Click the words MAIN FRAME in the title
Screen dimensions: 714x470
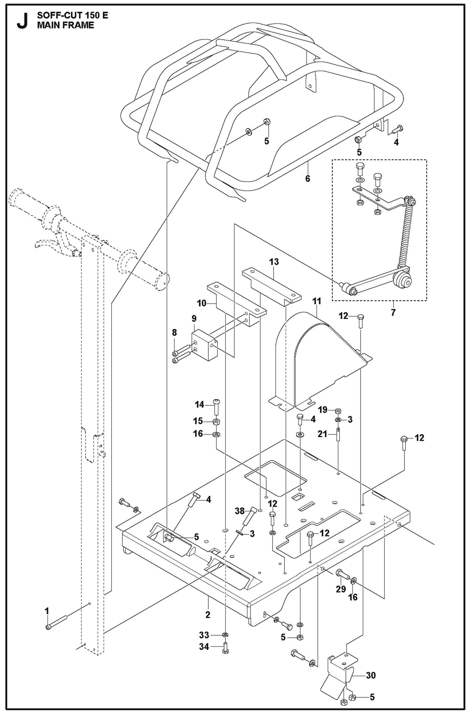pos(65,25)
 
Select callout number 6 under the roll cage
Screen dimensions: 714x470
pos(307,178)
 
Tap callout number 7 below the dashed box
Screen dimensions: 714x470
pos(393,313)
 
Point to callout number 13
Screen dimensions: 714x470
pos(274,262)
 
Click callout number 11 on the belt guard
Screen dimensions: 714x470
pos(316,301)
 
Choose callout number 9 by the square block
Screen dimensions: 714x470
pos(194,318)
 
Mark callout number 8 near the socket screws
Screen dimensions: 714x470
pos(174,332)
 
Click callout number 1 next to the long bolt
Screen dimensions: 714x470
pos(47,611)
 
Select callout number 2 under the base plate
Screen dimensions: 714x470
pos(208,615)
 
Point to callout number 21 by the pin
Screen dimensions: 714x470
pos(322,434)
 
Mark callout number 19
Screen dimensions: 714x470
pos(323,410)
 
